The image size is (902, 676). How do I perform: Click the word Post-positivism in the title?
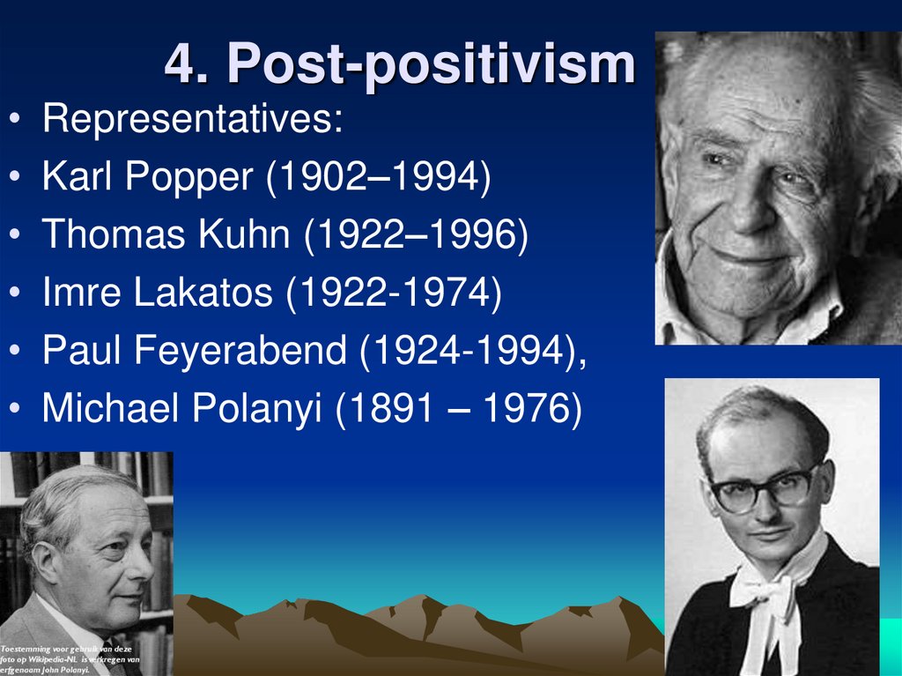[430, 64]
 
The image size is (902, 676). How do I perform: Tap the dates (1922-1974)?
[393, 293]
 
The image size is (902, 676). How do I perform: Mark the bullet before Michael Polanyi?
[18, 409]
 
